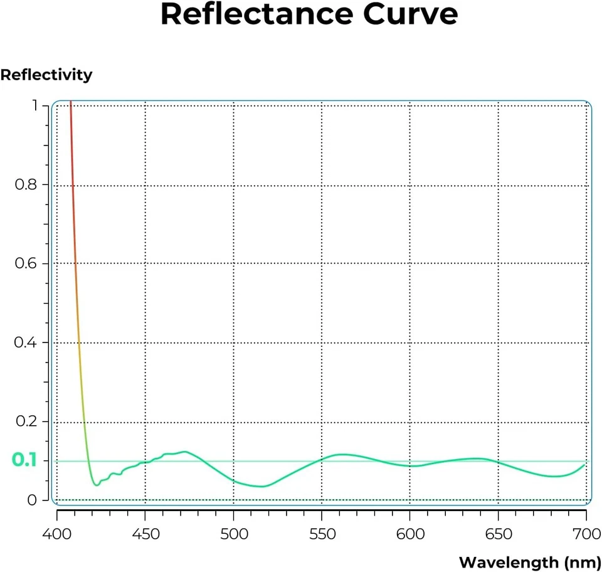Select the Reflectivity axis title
click(x=46, y=75)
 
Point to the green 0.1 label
click(x=24, y=460)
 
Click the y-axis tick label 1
click(x=35, y=106)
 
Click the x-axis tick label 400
click(x=57, y=534)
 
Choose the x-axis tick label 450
click(x=145, y=534)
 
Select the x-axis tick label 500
click(x=233, y=534)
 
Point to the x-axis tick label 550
click(x=321, y=534)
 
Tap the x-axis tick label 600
click(x=409, y=534)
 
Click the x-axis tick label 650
click(x=498, y=534)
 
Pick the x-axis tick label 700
click(x=586, y=534)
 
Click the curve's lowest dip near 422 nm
click(x=97, y=485)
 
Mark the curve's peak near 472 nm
click(x=184, y=452)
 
